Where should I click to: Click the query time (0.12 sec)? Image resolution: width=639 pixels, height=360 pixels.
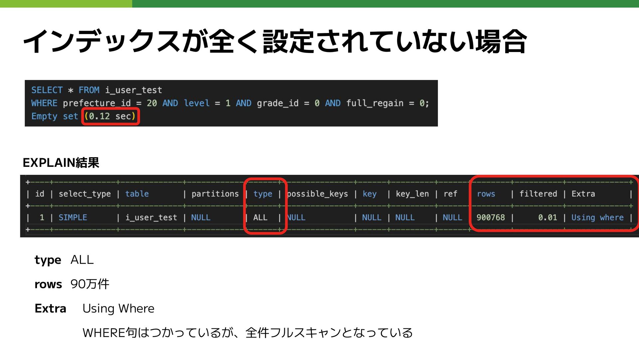pos(110,116)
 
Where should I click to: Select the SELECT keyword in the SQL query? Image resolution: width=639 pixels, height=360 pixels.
pos(47,90)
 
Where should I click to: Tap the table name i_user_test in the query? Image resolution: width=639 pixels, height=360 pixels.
pos(133,90)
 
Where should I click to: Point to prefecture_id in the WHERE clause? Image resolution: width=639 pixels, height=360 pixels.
pos(97,103)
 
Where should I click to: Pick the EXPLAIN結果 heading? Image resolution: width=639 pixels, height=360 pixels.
pos(61,163)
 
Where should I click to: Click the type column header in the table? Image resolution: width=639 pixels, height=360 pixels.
pos(263,194)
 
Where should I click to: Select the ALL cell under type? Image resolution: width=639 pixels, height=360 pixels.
pos(260,217)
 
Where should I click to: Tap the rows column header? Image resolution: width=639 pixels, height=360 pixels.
pos(486,194)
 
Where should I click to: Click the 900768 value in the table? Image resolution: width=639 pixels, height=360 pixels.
pos(491,217)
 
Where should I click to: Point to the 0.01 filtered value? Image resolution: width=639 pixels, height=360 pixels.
pos(547,217)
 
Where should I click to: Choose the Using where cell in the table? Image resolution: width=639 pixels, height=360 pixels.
pos(597,217)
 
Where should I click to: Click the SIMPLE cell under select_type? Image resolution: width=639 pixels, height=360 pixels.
pos(73,217)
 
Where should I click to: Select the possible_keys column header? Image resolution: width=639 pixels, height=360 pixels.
pos(318,194)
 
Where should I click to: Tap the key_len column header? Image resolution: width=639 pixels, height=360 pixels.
pos(412,194)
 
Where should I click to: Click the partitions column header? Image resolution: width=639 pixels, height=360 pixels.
pos(215,194)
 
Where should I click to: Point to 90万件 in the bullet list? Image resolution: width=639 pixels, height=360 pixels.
pos(90,284)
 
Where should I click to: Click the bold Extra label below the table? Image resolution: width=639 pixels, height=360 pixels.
pos(50,308)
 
